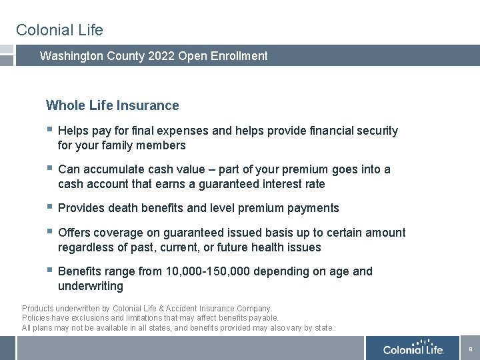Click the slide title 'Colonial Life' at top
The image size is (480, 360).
59,30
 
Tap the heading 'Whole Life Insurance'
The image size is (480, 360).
112,105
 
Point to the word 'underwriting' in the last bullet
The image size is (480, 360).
91,286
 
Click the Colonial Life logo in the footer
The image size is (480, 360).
413,349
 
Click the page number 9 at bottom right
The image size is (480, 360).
471,349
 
